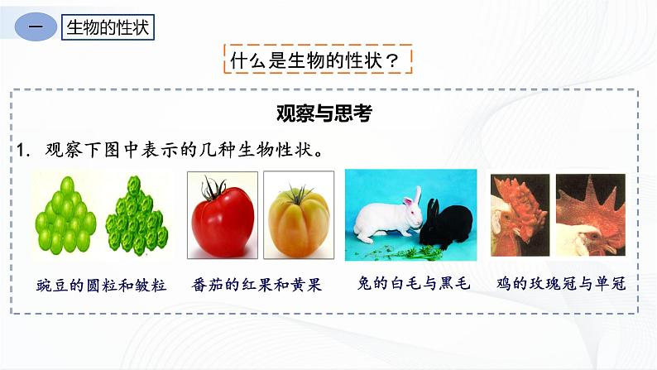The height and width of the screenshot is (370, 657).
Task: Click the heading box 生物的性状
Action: [x=108, y=27]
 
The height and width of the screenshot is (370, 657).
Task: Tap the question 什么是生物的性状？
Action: [x=318, y=60]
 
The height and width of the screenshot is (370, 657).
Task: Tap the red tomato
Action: [x=221, y=220]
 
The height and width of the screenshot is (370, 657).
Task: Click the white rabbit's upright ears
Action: [x=412, y=195]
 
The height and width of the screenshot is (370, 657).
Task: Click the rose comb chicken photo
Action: [x=519, y=214]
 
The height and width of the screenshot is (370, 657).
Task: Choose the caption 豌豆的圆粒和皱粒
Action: [x=101, y=284]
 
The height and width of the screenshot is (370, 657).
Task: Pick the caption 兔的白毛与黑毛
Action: [x=410, y=284]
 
